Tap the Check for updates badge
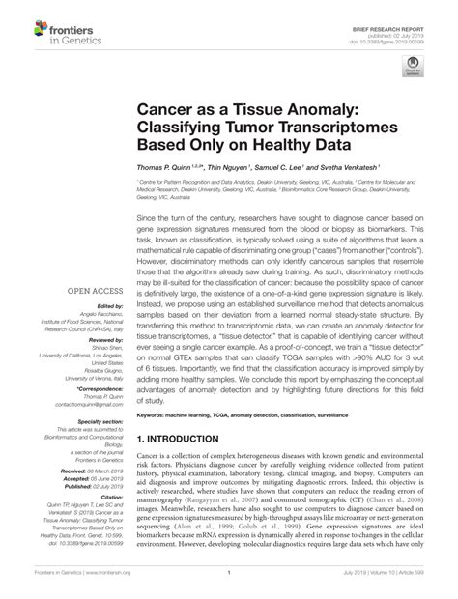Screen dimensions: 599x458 (413, 69)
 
